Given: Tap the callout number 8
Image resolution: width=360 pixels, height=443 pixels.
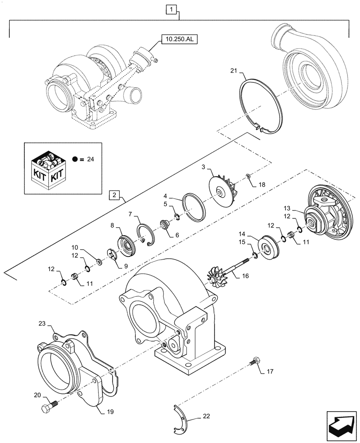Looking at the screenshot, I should click(118, 225).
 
